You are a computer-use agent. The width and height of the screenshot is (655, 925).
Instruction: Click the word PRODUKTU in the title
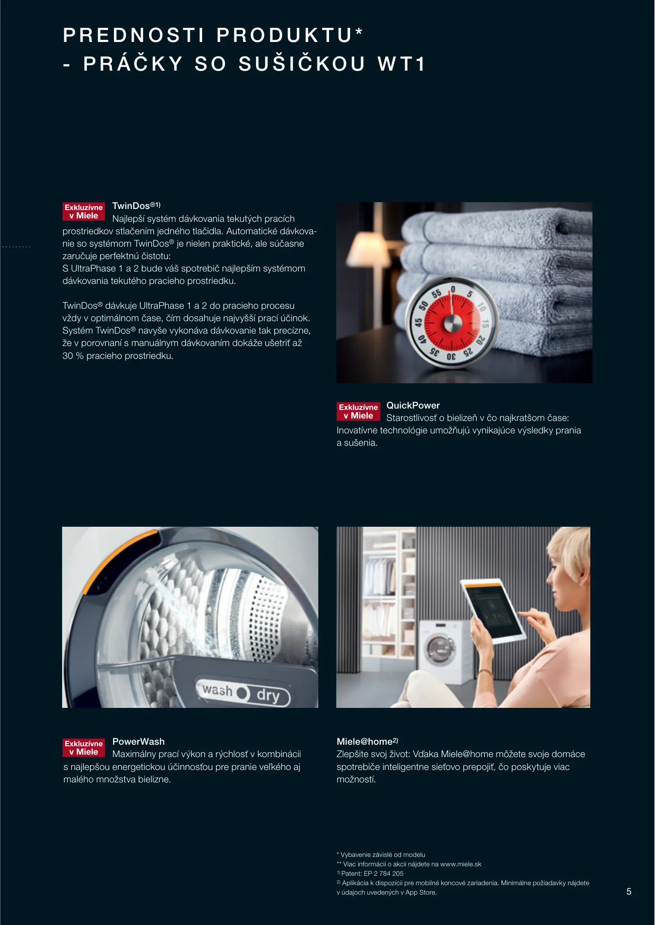pyautogui.click(x=284, y=35)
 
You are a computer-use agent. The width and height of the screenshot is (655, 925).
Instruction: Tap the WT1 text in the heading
pyautogui.click(x=401, y=64)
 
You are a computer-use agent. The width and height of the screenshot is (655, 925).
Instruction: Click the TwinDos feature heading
pyautogui.click(x=136, y=206)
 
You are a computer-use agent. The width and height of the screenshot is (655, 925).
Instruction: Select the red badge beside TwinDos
pyautogui.click(x=84, y=212)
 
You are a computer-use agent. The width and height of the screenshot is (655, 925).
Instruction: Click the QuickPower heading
pyautogui.click(x=413, y=405)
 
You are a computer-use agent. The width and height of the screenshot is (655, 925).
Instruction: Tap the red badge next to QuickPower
pyautogui.click(x=358, y=412)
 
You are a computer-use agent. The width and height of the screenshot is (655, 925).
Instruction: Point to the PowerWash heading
pyautogui.click(x=138, y=741)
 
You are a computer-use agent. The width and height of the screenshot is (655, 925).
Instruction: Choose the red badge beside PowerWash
pyautogui.click(x=84, y=748)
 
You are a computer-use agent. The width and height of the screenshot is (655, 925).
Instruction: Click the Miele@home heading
pyautogui.click(x=367, y=741)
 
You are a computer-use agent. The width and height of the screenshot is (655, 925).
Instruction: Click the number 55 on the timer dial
pyautogui.click(x=436, y=294)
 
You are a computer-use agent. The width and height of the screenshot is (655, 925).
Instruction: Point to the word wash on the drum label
pyautogui.click(x=217, y=690)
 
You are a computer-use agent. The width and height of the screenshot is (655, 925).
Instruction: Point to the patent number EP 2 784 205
pyautogui.click(x=384, y=874)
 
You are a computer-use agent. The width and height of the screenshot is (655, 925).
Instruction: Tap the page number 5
pyautogui.click(x=629, y=892)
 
